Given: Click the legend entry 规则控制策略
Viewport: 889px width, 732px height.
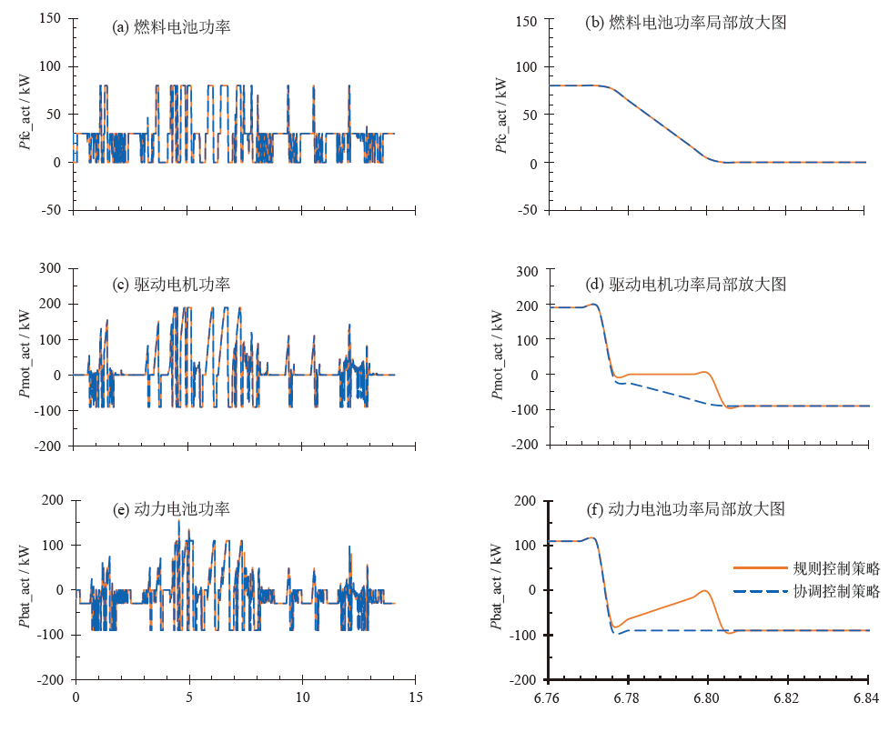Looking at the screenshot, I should click(x=836, y=569).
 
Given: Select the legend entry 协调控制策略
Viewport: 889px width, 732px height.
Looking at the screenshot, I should click(x=836, y=592).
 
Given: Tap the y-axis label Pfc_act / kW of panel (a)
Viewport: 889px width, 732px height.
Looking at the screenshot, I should click(x=25, y=115).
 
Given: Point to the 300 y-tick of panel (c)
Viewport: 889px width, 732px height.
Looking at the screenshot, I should click(x=50, y=268).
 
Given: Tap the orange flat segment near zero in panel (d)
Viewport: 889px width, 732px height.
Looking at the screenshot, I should click(x=660, y=374).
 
